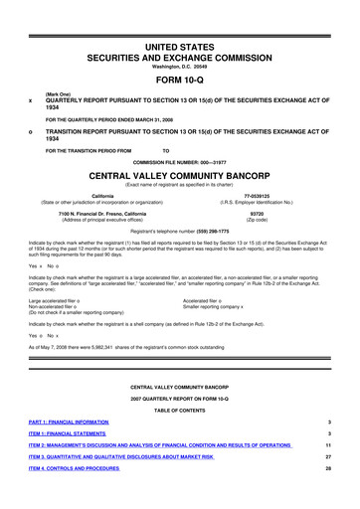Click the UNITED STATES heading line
click(x=180, y=21)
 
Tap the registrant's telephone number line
click(x=180, y=231)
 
